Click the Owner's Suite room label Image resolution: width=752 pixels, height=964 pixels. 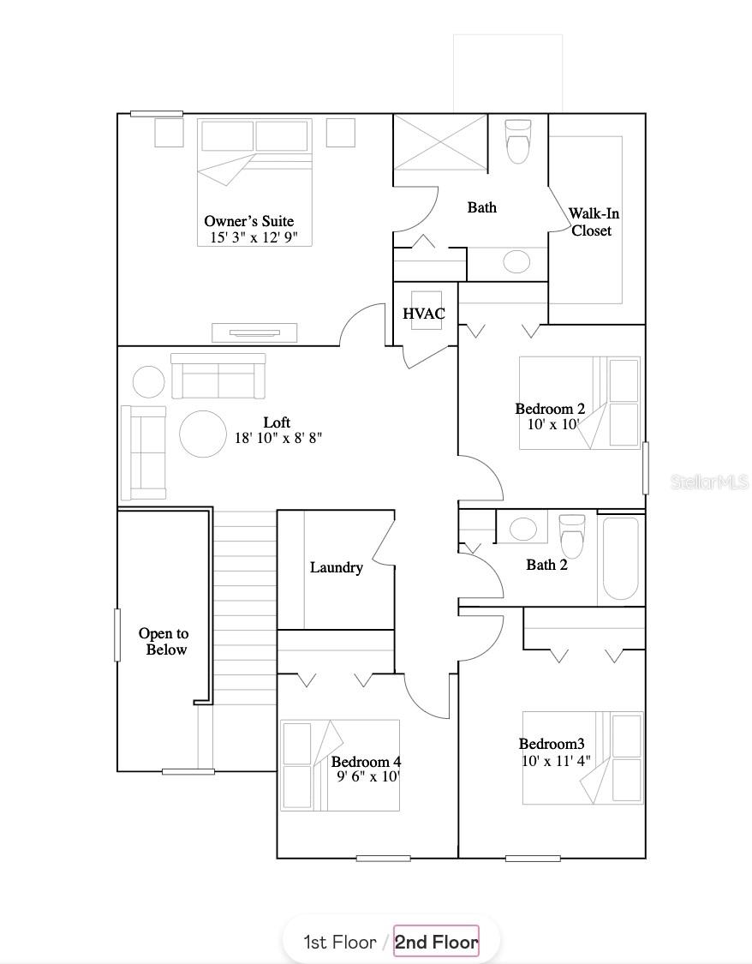(248, 221)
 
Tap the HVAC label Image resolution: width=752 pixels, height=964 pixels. (424, 314)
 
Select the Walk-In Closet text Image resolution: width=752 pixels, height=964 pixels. (593, 222)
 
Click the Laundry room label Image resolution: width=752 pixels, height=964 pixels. (336, 567)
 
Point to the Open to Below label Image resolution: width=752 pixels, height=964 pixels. (164, 641)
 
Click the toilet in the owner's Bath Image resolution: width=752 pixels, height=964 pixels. (518, 141)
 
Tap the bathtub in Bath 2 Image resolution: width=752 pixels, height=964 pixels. (621, 558)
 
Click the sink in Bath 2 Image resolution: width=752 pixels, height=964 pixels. (522, 529)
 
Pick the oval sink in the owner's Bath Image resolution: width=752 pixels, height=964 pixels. (516, 261)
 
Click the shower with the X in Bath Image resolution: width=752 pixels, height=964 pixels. (440, 142)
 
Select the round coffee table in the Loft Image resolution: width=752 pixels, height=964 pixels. (203, 434)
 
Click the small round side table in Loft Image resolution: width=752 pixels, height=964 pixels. (148, 381)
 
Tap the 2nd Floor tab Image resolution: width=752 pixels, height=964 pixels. (436, 942)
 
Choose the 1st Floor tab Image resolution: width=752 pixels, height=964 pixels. (340, 942)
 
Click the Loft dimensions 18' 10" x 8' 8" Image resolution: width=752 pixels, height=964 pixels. (278, 438)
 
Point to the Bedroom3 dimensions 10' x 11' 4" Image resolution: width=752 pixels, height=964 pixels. (556, 761)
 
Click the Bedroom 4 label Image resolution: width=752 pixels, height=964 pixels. (366, 762)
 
